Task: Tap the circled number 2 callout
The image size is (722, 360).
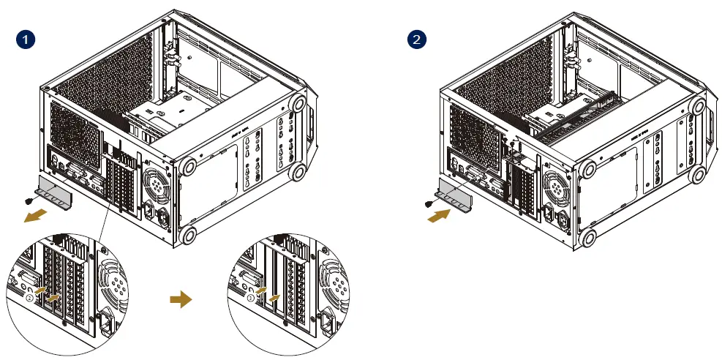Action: [30, 298]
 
